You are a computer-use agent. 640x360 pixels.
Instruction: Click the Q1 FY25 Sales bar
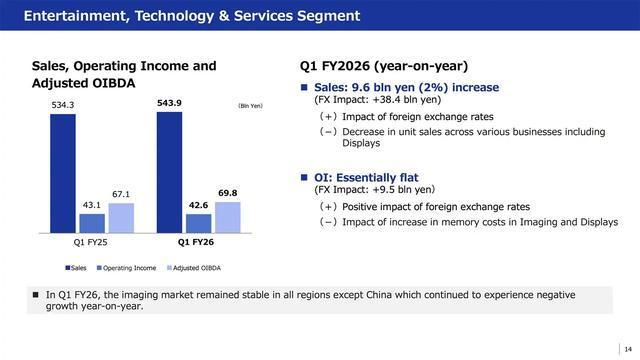pyautogui.click(x=63, y=173)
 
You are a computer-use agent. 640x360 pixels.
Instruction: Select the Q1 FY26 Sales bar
pyautogui.click(x=169, y=173)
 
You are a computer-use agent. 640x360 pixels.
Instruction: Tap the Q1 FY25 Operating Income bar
pyautogui.click(x=92, y=223)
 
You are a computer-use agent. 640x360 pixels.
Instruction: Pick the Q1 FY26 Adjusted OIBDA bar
pyautogui.click(x=228, y=218)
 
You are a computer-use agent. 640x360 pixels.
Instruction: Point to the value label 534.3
pyautogui.click(x=63, y=105)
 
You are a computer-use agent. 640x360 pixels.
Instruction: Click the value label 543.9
pyautogui.click(x=169, y=103)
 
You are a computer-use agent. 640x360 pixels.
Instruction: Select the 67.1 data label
pyautogui.click(x=121, y=194)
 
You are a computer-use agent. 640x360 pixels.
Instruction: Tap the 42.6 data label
pyautogui.click(x=198, y=205)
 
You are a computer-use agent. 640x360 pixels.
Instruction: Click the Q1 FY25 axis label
pyautogui.click(x=90, y=242)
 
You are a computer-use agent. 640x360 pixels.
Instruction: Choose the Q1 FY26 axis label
pyautogui.click(x=196, y=242)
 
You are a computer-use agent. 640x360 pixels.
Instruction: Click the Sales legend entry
pyautogui.click(x=76, y=268)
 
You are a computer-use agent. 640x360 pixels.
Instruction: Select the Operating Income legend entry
pyautogui.click(x=127, y=268)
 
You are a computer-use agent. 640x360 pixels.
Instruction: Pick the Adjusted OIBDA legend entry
pyautogui.click(x=194, y=268)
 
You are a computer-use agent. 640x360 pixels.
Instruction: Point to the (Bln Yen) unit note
pyautogui.click(x=251, y=106)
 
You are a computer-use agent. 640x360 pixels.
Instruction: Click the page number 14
pyautogui.click(x=628, y=349)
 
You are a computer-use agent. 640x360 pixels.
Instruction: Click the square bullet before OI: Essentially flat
pyautogui.click(x=304, y=177)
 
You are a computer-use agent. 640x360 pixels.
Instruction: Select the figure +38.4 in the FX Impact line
pyautogui.click(x=387, y=100)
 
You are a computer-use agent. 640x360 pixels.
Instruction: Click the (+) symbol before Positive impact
pyautogui.click(x=328, y=207)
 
